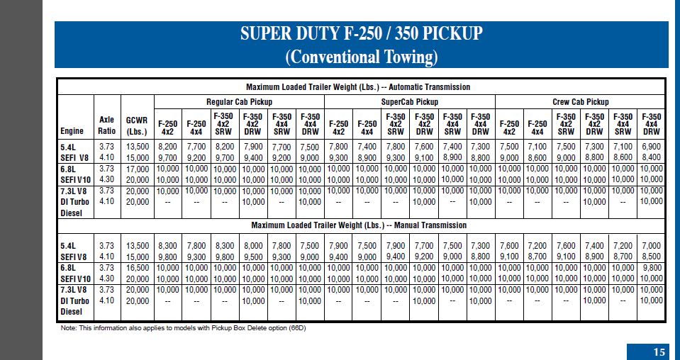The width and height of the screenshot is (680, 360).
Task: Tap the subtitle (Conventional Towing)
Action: click(x=361, y=57)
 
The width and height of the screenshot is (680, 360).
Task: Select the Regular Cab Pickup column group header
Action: click(x=240, y=102)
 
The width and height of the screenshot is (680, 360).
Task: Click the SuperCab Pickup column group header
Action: click(x=409, y=102)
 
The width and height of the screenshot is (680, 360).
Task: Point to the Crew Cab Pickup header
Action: click(x=580, y=102)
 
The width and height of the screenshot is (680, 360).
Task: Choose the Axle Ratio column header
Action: click(x=106, y=125)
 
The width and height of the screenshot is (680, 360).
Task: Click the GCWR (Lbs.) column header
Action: click(x=137, y=125)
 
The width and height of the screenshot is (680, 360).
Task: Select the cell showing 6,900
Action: click(x=652, y=147)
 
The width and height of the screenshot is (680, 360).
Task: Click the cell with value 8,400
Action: click(x=652, y=157)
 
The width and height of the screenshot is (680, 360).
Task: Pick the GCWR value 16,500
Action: click(x=137, y=268)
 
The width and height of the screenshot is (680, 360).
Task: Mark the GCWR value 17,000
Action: click(x=137, y=169)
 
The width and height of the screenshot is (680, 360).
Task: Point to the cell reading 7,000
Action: click(x=652, y=246)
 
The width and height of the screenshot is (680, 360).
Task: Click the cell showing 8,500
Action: click(x=652, y=257)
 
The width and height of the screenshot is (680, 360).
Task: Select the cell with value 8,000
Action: click(x=253, y=246)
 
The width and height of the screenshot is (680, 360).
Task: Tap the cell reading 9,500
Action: click(x=253, y=257)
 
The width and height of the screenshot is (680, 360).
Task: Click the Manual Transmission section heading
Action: click(x=359, y=225)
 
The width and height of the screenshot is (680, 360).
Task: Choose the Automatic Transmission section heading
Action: click(x=358, y=87)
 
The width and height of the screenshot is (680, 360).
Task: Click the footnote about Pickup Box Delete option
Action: click(x=184, y=328)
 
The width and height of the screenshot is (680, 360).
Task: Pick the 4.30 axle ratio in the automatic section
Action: click(x=106, y=179)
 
